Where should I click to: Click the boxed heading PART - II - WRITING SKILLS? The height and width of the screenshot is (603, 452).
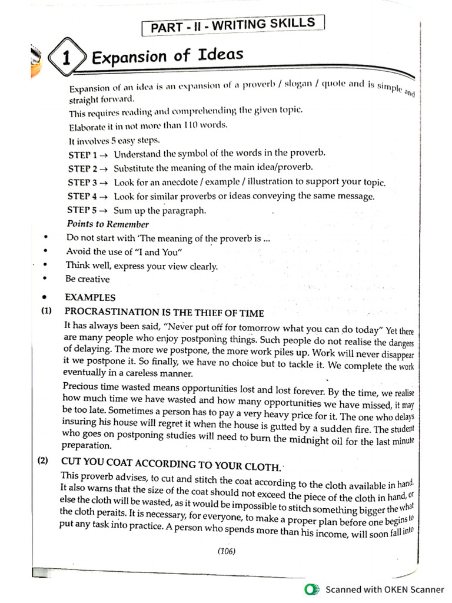coord(233,25)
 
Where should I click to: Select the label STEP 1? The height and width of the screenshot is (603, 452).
coord(82,154)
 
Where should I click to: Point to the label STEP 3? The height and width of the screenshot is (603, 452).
coord(82,182)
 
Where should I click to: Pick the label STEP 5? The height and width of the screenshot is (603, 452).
coord(82,210)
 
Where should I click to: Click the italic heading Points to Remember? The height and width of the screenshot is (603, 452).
coord(108,224)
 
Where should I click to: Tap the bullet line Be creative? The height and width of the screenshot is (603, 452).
coord(88,280)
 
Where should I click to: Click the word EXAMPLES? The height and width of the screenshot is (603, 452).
coord(90,297)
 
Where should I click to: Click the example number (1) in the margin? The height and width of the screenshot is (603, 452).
coord(46,312)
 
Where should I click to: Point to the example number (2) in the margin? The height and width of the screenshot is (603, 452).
coord(44,461)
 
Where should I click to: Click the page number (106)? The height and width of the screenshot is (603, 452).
coord(227,551)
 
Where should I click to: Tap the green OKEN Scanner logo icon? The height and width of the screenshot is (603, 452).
coord(312,589)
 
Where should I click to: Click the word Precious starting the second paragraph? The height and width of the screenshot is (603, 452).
coord(82,387)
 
